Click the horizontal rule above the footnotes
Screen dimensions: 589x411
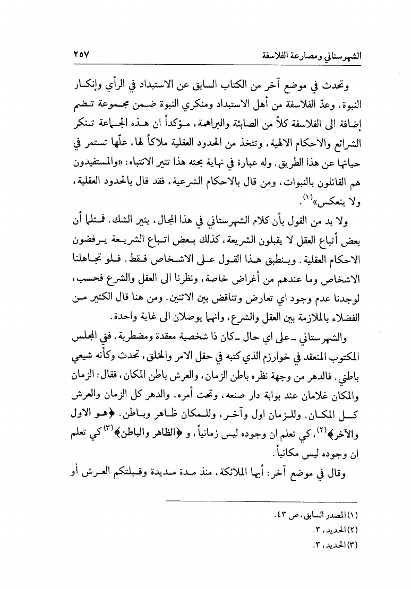coord(260,501)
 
